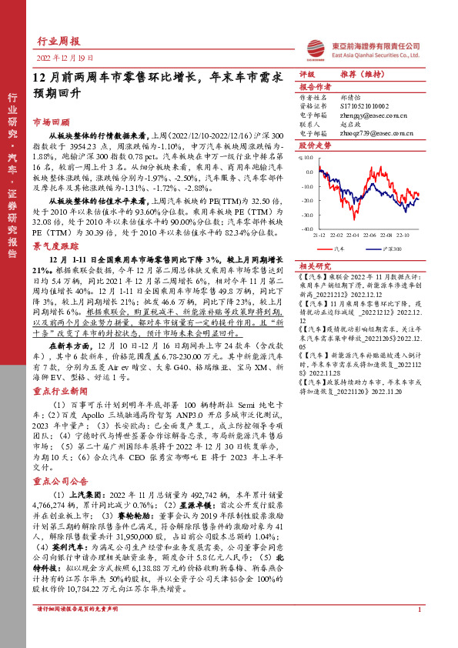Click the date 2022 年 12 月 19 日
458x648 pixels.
[65, 58]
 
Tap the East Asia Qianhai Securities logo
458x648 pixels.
[315, 47]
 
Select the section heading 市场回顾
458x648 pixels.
[51, 122]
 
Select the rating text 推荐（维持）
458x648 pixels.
[356, 75]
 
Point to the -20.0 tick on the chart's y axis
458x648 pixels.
[306, 200]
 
